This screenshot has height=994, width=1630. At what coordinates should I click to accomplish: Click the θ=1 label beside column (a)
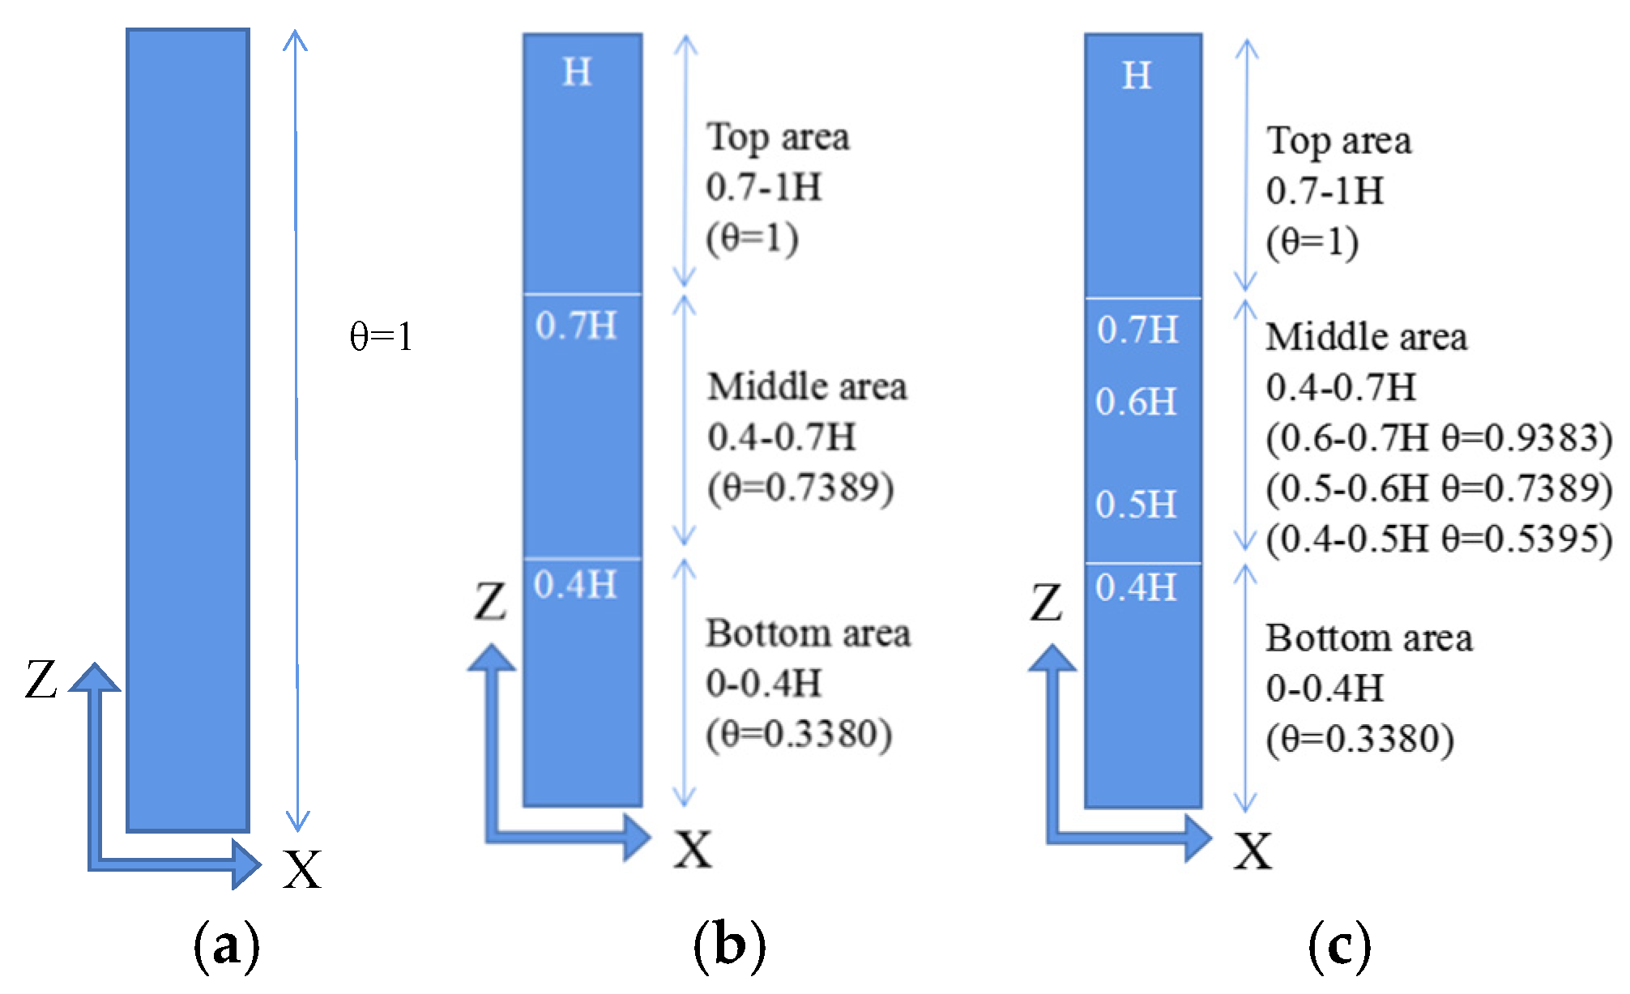point(381,336)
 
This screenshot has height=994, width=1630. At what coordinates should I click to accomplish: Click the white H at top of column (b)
point(577,73)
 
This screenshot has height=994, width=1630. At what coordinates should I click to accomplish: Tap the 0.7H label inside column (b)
point(576,326)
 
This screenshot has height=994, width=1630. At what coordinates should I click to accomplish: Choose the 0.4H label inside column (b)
point(575,585)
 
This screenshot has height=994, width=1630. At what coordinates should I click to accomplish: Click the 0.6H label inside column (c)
point(1136,402)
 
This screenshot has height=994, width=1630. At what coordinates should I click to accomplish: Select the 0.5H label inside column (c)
point(1136,505)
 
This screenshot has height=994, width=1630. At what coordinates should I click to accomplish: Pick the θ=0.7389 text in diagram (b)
point(801,488)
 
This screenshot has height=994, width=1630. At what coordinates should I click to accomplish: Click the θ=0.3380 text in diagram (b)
point(800,735)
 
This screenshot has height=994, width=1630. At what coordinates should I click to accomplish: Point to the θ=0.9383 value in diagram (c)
point(1527,438)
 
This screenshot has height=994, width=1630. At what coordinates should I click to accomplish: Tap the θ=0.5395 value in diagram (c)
point(1527,539)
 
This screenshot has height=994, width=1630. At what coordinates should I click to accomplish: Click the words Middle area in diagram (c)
point(1366,337)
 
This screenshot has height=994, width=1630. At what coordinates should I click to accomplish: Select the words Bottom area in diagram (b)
point(808,634)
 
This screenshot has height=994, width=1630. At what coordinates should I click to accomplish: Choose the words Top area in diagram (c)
point(1339,141)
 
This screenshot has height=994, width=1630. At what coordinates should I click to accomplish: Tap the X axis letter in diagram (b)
point(693,850)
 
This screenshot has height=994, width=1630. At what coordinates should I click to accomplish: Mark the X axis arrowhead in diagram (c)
point(1198,838)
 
